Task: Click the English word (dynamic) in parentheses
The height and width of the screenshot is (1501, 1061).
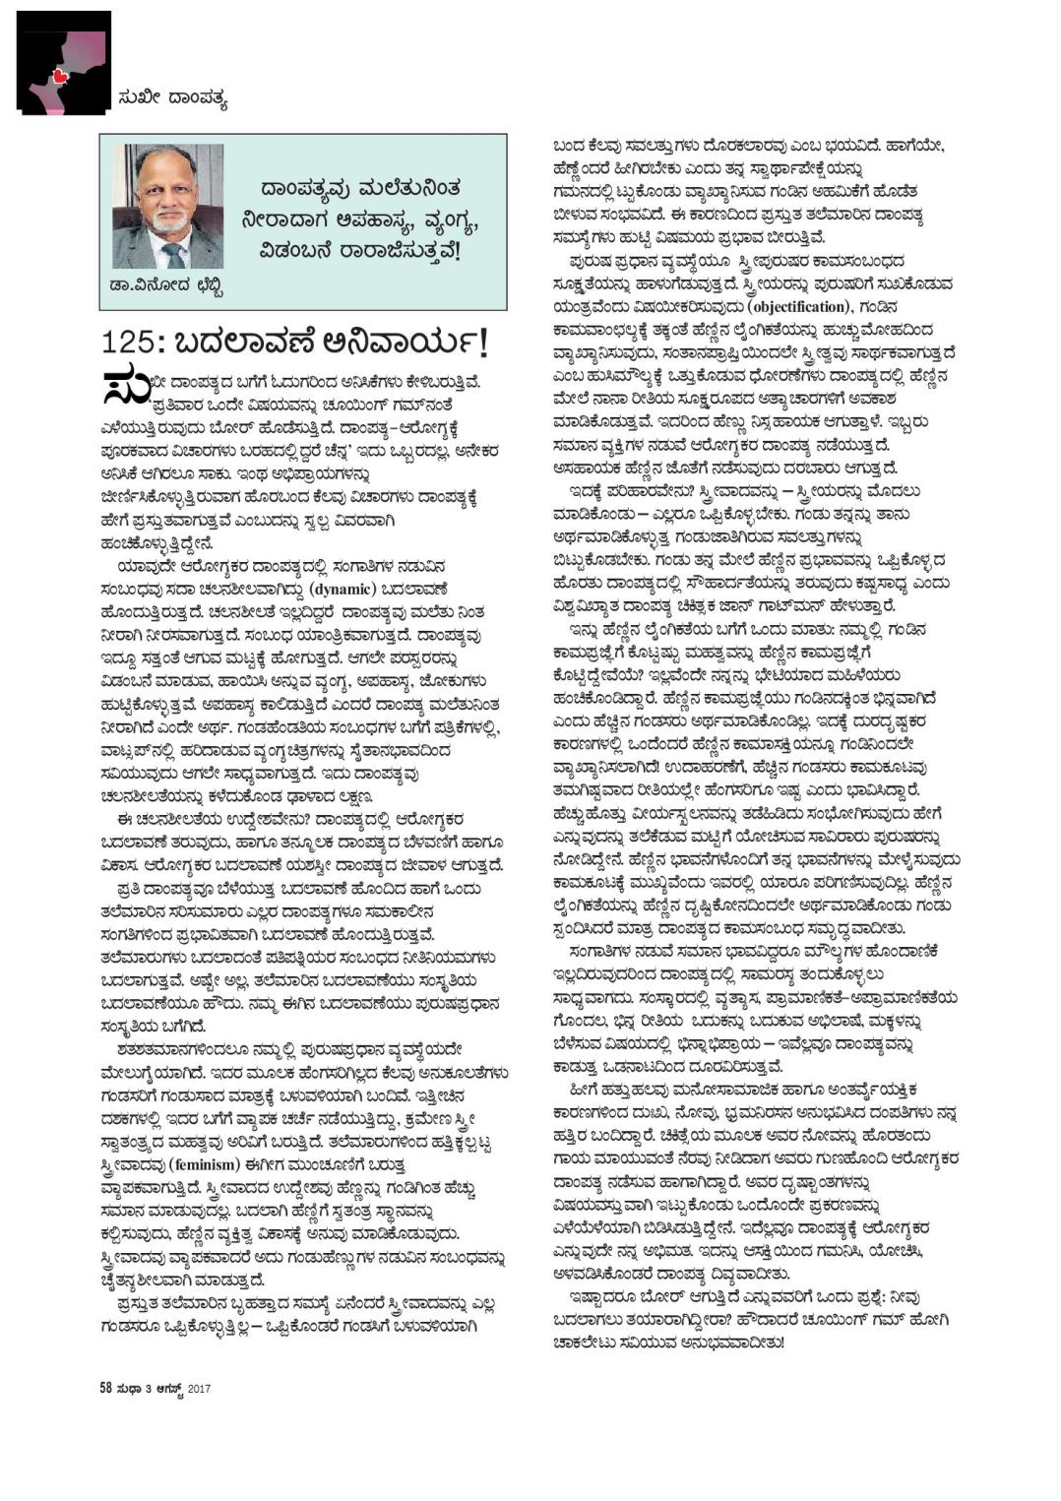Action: tap(343, 590)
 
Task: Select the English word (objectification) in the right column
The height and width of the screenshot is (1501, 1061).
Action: tap(786, 306)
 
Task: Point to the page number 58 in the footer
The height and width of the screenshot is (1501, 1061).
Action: tap(105, 1389)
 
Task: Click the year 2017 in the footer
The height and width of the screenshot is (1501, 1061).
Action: tap(200, 1390)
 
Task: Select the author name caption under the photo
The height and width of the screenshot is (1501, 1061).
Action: tap(167, 286)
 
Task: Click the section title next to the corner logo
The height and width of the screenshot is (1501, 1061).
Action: tap(171, 97)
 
